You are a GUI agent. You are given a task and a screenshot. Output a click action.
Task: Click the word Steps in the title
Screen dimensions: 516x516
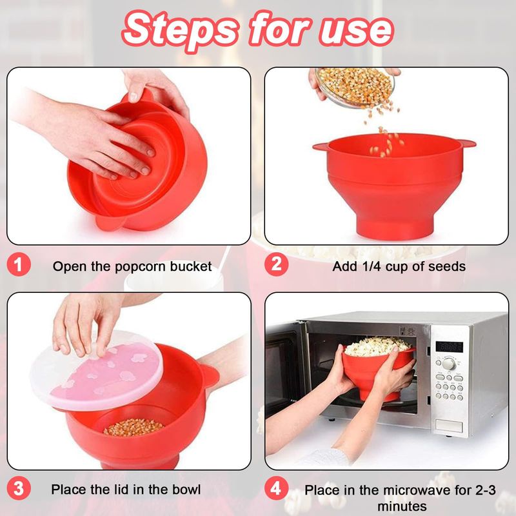coord(181,30)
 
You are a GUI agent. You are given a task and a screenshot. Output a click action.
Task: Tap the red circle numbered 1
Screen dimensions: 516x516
coord(19,264)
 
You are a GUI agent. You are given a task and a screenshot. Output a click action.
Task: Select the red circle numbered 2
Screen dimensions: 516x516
coord(277,264)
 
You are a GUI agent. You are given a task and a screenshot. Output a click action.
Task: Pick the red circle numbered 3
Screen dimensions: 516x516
coord(19,488)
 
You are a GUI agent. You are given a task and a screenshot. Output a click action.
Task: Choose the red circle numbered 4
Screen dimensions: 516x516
coord(277,488)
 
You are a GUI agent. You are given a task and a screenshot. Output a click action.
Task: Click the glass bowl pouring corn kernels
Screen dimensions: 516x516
coord(355,86)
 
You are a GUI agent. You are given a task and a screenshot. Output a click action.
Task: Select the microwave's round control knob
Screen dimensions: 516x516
coord(448,364)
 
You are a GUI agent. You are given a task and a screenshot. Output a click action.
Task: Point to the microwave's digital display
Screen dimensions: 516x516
coord(449,347)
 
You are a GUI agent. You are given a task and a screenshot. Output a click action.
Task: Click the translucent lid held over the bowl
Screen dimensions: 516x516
coord(96,371)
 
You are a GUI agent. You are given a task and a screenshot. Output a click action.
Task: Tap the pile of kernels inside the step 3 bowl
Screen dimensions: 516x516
coord(134,427)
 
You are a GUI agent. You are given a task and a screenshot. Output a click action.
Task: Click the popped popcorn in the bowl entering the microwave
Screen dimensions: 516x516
coord(377,346)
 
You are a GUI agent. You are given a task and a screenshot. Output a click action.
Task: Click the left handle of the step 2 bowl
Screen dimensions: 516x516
coord(322,147)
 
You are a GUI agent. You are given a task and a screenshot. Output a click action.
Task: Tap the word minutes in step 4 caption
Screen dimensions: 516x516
coord(402,506)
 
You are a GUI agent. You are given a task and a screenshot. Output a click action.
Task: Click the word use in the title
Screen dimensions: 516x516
coord(357,31)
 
